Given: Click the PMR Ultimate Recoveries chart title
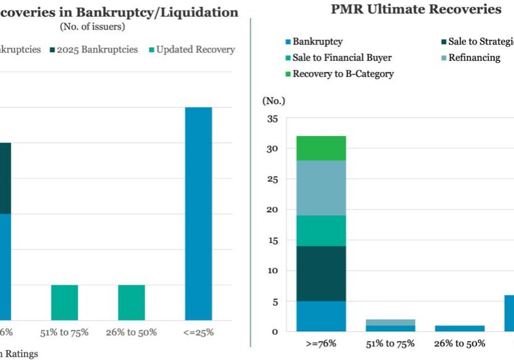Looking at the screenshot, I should click(x=416, y=9).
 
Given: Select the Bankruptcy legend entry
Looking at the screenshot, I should click(x=317, y=42).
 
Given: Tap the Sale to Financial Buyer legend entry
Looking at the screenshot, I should click(x=342, y=58).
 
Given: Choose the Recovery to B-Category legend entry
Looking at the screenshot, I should click(x=342, y=74).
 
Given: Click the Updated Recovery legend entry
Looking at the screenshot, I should click(x=196, y=49).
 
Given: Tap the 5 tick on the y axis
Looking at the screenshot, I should click(x=273, y=302).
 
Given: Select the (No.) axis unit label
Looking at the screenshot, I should click(x=274, y=100).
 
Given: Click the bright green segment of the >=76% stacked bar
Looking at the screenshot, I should click(x=321, y=148).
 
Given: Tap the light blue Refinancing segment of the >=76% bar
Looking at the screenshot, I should click(x=321, y=188).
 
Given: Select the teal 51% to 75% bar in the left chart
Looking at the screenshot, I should click(x=65, y=302).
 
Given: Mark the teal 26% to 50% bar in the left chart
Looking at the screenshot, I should click(x=131, y=302).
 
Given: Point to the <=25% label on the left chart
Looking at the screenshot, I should click(x=198, y=332).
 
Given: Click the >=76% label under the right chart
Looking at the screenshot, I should click(x=320, y=343).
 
